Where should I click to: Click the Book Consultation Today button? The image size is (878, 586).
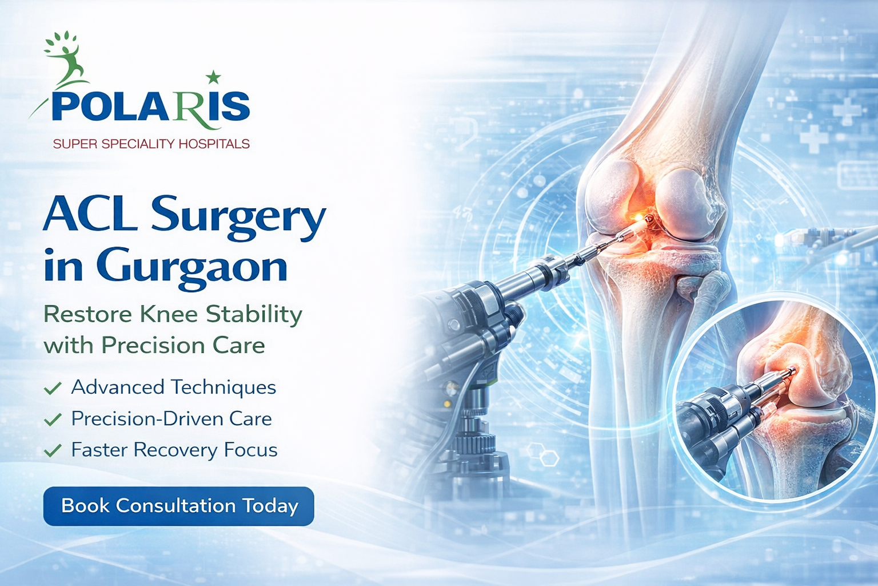click(178, 506)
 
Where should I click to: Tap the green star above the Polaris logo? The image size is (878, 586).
click(213, 77)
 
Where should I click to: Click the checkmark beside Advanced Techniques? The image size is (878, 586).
click(53, 389)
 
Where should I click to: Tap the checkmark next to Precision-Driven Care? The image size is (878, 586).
click(53, 419)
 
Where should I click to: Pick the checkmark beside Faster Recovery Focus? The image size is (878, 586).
click(53, 450)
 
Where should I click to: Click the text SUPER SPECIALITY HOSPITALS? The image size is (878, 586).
click(151, 144)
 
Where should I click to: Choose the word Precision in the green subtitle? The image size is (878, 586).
click(153, 346)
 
